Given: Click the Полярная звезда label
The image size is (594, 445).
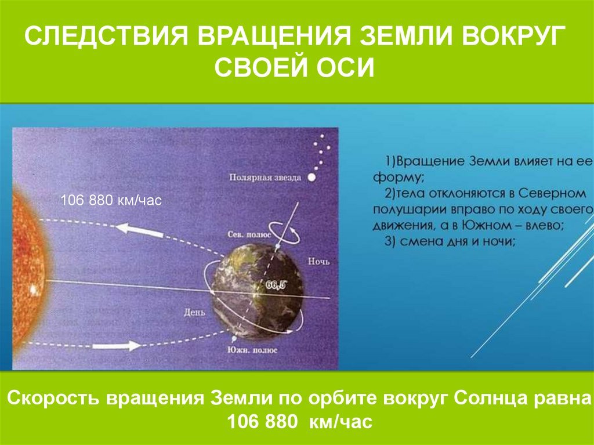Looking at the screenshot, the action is point(265,178).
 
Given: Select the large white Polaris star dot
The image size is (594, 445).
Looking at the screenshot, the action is point(312,178).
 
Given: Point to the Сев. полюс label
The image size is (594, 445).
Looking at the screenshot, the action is point(249,234).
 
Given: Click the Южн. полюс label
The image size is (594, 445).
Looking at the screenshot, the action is point(252,350).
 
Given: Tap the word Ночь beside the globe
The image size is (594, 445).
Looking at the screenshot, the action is point(318,262).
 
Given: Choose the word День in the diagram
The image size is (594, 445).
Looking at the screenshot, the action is point(194,312).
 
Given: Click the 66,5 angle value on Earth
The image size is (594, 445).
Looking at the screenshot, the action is point(276,285).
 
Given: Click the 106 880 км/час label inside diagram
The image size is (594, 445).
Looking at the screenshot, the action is point(111,200).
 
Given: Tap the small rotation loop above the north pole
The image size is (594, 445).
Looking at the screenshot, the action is point(284,231).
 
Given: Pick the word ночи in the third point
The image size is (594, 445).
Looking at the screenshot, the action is point(497,241).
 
